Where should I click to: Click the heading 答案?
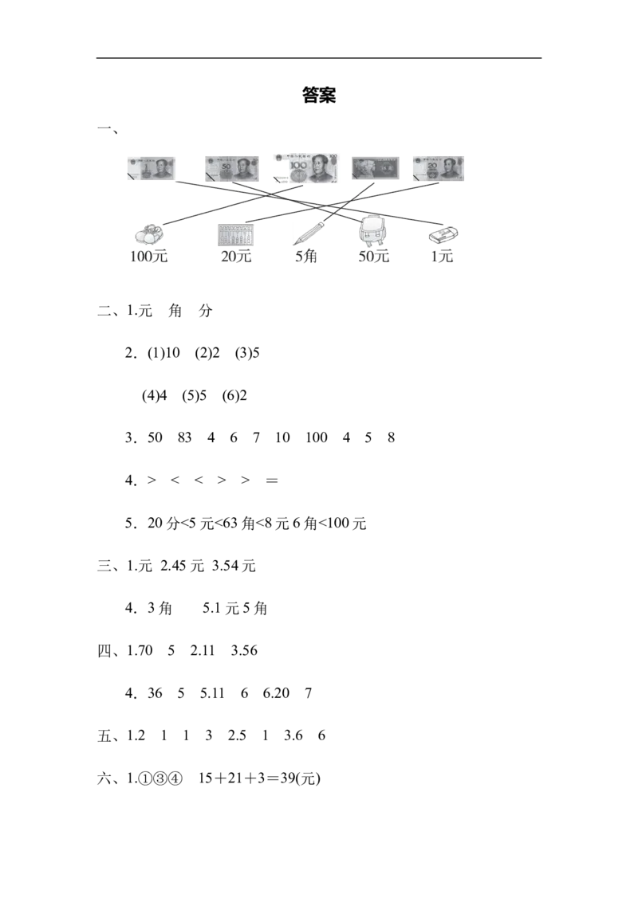click(319, 95)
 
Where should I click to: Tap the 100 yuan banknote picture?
click(305, 169)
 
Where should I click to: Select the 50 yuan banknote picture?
click(232, 169)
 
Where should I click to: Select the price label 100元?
click(148, 257)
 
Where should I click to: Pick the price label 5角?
click(305, 257)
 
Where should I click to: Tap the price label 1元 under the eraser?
click(443, 257)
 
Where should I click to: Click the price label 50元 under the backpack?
click(374, 257)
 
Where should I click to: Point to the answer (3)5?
click(247, 353)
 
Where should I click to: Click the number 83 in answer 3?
click(184, 437)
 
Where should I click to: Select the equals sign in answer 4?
click(272, 480)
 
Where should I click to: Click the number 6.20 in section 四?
click(276, 693)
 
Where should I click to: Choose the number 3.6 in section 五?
click(293, 735)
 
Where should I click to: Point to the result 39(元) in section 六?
click(300, 778)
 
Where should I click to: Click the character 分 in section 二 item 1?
click(206, 312)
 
